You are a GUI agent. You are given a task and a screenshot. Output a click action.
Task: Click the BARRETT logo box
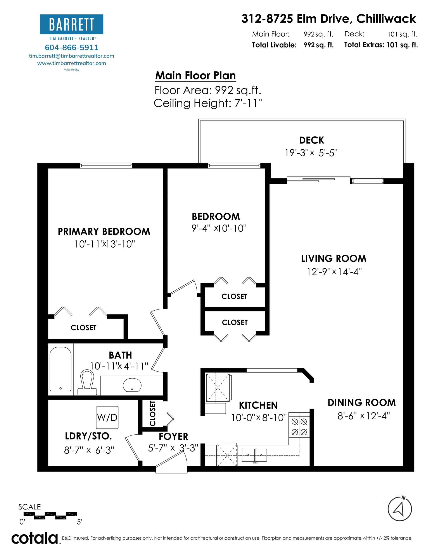pos(71,24)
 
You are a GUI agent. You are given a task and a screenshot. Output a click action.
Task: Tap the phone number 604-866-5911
pos(71,47)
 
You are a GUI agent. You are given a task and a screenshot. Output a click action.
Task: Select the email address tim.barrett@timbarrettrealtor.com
pos(71,56)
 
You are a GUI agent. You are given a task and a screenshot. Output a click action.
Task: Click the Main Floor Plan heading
pos(195,75)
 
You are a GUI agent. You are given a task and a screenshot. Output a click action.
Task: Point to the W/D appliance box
pos(107,417)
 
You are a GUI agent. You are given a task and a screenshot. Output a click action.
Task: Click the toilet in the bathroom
pos(87,382)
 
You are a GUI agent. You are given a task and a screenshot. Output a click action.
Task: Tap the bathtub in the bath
pos(60,369)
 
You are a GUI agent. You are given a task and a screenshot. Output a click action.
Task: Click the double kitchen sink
pos(254,455)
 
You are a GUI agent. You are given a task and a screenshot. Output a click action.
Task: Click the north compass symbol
pos(399,509)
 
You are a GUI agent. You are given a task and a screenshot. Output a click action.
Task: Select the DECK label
pos(311,140)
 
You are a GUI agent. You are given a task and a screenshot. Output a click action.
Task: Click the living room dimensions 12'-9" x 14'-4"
pos(334,271)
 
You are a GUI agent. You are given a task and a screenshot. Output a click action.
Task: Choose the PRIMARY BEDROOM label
pos(104,231)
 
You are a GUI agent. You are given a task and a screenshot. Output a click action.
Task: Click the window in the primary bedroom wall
pos(106,166)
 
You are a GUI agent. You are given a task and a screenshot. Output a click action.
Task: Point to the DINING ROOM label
pos(362,402)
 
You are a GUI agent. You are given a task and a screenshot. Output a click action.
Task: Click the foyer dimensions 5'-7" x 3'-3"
pos(173,448)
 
